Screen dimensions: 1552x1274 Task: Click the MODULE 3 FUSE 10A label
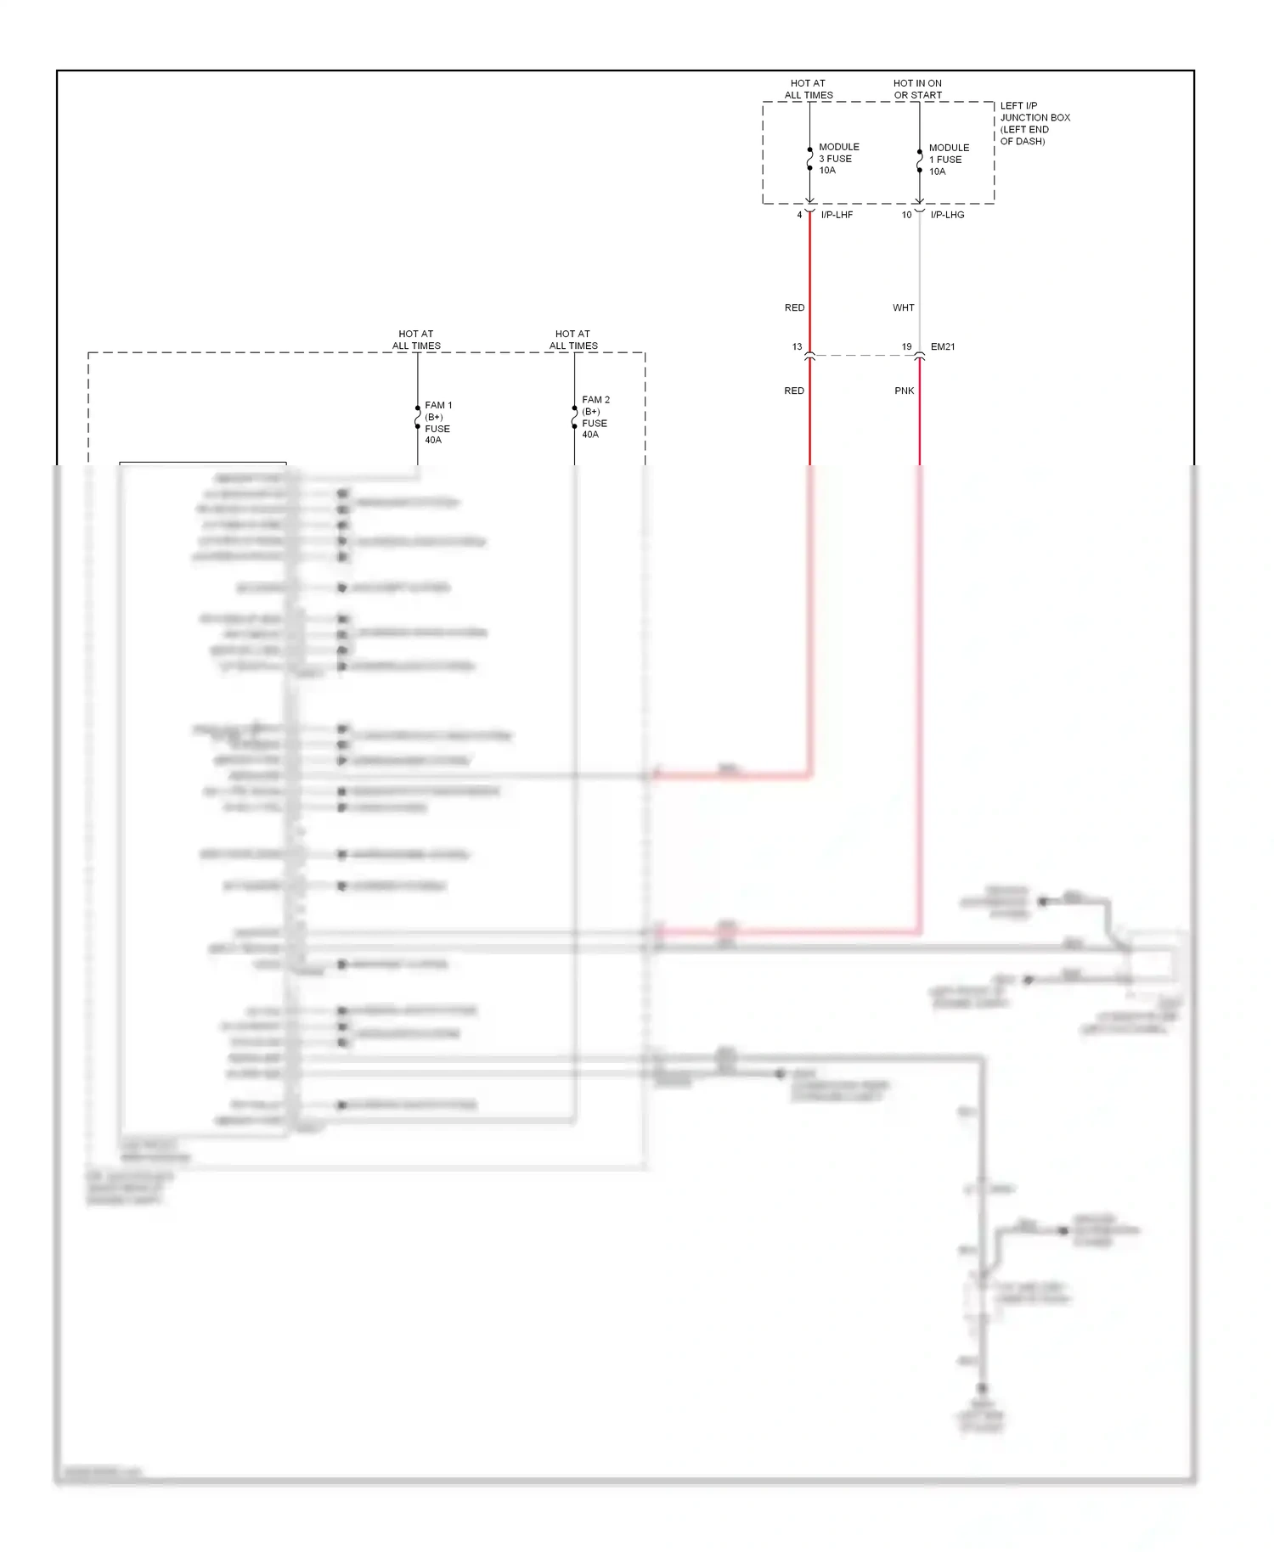(x=838, y=159)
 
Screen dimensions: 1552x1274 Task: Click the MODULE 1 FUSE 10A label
(x=948, y=160)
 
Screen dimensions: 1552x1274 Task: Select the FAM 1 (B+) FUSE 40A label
(x=437, y=423)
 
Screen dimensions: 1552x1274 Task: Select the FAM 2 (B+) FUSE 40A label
(x=595, y=417)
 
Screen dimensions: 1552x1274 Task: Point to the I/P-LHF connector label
(x=837, y=215)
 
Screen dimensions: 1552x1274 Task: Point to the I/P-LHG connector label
(x=947, y=215)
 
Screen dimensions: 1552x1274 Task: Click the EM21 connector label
(x=943, y=347)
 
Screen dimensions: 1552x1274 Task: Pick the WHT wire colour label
(x=904, y=308)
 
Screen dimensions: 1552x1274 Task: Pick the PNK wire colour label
(x=905, y=391)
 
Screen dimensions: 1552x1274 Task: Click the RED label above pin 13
(x=794, y=308)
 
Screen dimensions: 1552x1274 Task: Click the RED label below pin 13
(x=794, y=391)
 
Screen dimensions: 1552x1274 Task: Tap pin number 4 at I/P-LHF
(x=799, y=215)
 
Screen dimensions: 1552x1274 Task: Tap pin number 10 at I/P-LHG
(x=906, y=215)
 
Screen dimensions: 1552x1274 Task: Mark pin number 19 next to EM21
(x=906, y=347)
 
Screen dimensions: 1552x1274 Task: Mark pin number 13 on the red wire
(x=797, y=347)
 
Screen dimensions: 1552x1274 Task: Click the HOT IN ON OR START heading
(x=917, y=89)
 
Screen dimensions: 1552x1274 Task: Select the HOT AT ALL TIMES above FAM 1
(x=416, y=340)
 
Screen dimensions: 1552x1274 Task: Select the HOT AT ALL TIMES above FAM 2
(x=573, y=340)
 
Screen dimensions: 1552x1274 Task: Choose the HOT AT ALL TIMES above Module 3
(x=809, y=89)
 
